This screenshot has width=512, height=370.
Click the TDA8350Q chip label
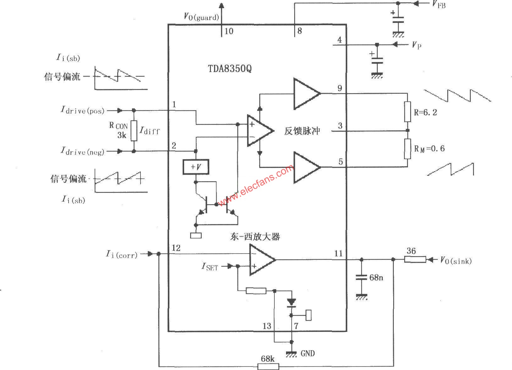(x=229, y=69)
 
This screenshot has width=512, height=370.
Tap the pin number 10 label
(x=229, y=31)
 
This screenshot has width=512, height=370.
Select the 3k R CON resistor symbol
(x=134, y=131)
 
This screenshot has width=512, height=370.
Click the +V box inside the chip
(x=196, y=167)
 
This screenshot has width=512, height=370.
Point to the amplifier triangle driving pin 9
(x=306, y=94)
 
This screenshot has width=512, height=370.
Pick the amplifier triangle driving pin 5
(x=306, y=167)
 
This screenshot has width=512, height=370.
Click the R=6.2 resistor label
(x=425, y=112)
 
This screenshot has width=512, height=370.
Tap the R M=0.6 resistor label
(x=429, y=149)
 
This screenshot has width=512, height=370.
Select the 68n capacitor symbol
(x=361, y=277)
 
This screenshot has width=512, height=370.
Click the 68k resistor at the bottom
(x=268, y=366)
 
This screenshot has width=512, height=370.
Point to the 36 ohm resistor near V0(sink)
(x=415, y=260)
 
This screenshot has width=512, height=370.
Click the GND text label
(x=307, y=353)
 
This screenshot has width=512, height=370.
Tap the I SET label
(x=210, y=267)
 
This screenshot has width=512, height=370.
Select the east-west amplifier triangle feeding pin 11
(x=261, y=260)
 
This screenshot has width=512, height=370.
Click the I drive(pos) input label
(x=82, y=110)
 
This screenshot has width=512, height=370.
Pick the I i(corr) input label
(x=122, y=254)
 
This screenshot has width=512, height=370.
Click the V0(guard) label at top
(x=201, y=17)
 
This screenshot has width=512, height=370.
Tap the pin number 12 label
(x=176, y=248)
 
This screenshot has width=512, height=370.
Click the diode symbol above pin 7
(x=291, y=303)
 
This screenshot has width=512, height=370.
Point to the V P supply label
(x=417, y=45)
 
